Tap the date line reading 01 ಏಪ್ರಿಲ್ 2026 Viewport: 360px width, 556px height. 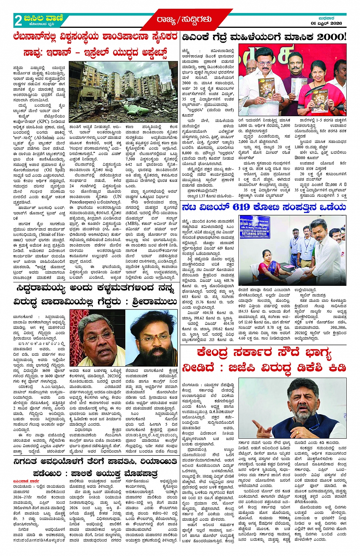326,23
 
